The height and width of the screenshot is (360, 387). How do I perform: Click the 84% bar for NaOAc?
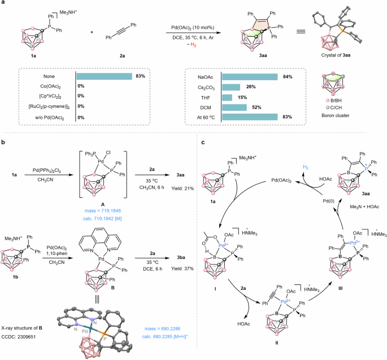coord(249,76)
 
